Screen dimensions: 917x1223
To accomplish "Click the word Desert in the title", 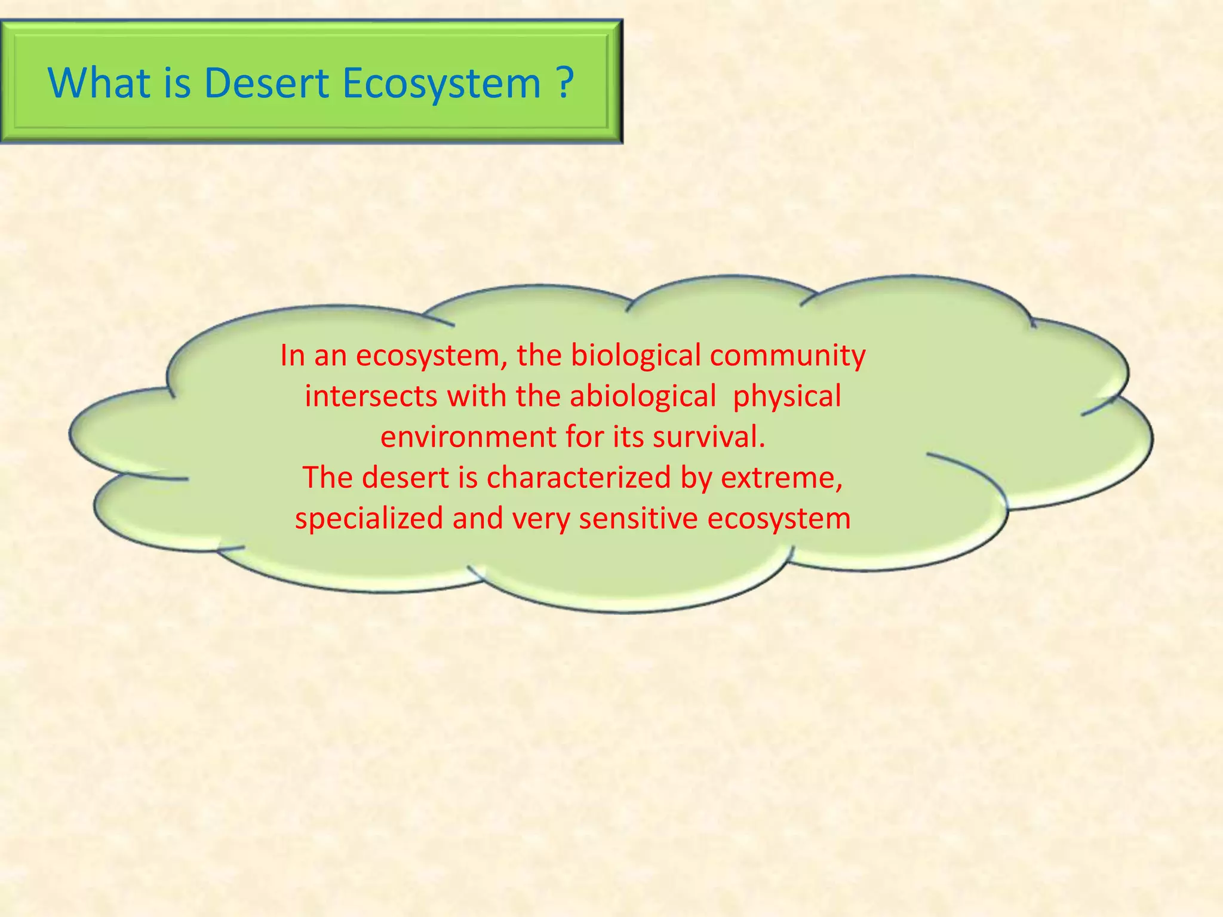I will (x=266, y=82).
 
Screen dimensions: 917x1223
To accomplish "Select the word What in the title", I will (x=99, y=82).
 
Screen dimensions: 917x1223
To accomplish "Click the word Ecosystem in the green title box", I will (x=441, y=82).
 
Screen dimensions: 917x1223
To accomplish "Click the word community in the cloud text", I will (x=788, y=356).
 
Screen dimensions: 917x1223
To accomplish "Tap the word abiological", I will (x=643, y=396).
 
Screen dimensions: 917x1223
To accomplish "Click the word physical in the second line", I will (x=787, y=396).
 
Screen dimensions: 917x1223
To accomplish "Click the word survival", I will (x=709, y=437).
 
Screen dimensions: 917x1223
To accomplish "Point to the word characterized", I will (x=579, y=478).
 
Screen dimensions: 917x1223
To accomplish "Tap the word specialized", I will (x=368, y=518).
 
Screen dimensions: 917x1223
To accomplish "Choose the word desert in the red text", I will (x=405, y=478).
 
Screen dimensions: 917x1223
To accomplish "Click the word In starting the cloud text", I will (x=293, y=356).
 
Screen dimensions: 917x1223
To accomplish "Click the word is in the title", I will (x=177, y=82).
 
